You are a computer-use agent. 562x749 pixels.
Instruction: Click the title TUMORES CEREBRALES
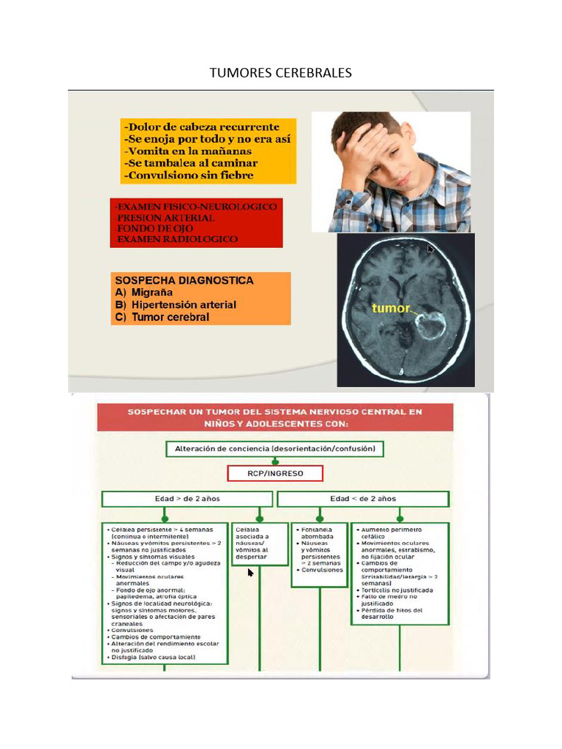(x=280, y=72)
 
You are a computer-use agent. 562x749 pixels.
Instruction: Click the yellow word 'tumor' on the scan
(x=391, y=308)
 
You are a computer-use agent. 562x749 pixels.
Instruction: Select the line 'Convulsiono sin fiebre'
(x=190, y=176)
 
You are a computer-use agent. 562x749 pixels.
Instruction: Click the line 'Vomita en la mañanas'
(x=192, y=151)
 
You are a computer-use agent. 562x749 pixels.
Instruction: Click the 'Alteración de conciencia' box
(x=274, y=448)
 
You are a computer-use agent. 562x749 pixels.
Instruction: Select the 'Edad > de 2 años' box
(x=187, y=499)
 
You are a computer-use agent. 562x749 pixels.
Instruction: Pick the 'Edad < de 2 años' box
(x=363, y=499)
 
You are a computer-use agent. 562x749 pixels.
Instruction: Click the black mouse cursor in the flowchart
(x=251, y=573)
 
